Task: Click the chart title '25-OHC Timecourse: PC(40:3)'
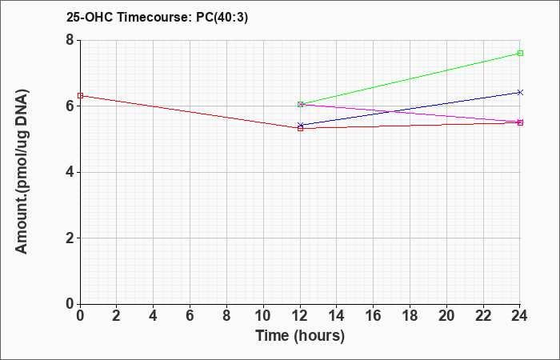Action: coord(157,18)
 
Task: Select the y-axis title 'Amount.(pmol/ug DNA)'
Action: coord(22,172)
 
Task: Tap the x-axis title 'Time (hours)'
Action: coord(300,336)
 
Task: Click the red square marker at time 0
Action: coord(80,96)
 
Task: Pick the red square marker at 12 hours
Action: coord(300,128)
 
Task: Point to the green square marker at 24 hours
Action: coord(520,54)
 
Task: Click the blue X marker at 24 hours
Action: coord(520,92)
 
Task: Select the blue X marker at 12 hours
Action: coord(300,125)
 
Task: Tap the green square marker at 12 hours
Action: coord(300,104)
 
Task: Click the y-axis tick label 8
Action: coord(70,40)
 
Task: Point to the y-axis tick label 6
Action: coord(70,106)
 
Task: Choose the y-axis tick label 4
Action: coord(70,172)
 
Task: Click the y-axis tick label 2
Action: coord(70,238)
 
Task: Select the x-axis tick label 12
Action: coord(300,316)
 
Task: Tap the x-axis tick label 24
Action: coord(520,316)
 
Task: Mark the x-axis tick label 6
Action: coord(190,316)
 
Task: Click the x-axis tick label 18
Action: coord(410,316)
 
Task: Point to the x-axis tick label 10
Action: coord(263,316)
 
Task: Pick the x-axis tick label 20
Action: coord(446,316)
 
